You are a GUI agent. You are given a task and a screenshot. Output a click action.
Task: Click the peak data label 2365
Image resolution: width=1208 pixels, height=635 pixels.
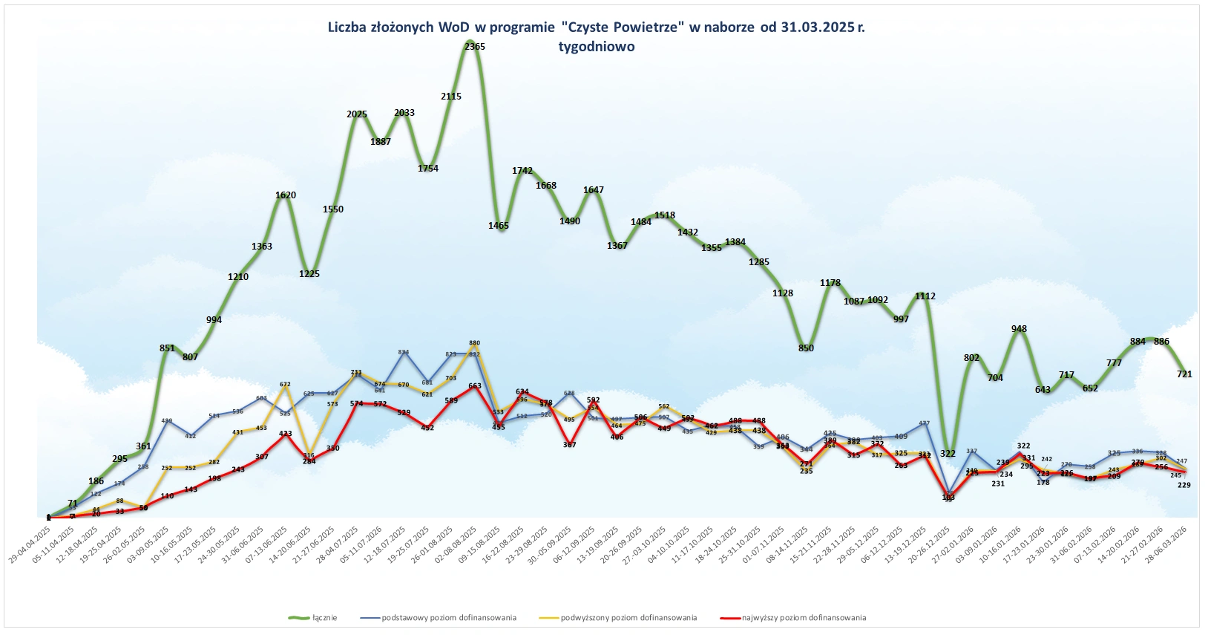[475, 46]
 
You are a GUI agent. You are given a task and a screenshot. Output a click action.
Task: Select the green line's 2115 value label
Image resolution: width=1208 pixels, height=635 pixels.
[451, 97]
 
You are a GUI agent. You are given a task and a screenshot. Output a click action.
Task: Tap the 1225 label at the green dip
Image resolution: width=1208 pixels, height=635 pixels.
[309, 274]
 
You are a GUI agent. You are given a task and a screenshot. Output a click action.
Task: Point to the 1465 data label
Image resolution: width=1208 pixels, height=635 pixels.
[498, 225]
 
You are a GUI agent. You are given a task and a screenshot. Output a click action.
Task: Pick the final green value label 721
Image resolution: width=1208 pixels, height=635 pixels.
[1184, 374]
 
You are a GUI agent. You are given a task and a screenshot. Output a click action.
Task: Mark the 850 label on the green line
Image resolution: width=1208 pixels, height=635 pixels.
[806, 348]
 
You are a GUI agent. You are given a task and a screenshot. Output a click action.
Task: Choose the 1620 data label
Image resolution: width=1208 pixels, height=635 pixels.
[286, 195]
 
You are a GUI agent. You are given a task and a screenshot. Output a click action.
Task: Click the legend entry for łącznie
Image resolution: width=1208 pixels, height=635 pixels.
[324, 617]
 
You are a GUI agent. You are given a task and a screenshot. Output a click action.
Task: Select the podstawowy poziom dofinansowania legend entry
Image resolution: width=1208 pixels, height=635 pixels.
[448, 617]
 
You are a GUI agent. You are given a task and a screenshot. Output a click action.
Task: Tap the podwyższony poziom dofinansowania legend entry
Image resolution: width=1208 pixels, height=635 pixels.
[628, 617]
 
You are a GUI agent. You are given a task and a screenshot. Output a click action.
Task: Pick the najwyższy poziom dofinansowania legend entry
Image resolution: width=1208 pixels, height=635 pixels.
[804, 617]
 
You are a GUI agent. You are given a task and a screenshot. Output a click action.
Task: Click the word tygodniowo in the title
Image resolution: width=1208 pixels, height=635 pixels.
[597, 46]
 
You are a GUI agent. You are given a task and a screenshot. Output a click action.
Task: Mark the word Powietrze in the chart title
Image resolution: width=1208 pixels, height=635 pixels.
[648, 27]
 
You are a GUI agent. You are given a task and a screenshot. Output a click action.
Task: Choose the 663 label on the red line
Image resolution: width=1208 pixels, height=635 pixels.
[475, 386]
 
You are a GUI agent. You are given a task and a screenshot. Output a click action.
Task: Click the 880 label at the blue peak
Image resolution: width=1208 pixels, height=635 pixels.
[475, 344]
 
